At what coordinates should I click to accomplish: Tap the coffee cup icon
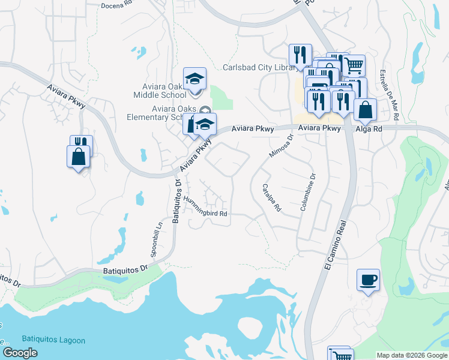click(368, 280)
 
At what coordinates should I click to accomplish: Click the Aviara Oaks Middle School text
click(160, 91)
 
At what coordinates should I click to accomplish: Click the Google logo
click(20, 353)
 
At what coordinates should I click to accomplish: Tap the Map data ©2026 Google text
click(411, 355)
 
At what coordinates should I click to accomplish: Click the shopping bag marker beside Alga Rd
click(364, 110)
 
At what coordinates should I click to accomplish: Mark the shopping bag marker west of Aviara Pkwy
click(78, 157)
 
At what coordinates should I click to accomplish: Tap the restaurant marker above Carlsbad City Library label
click(300, 55)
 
